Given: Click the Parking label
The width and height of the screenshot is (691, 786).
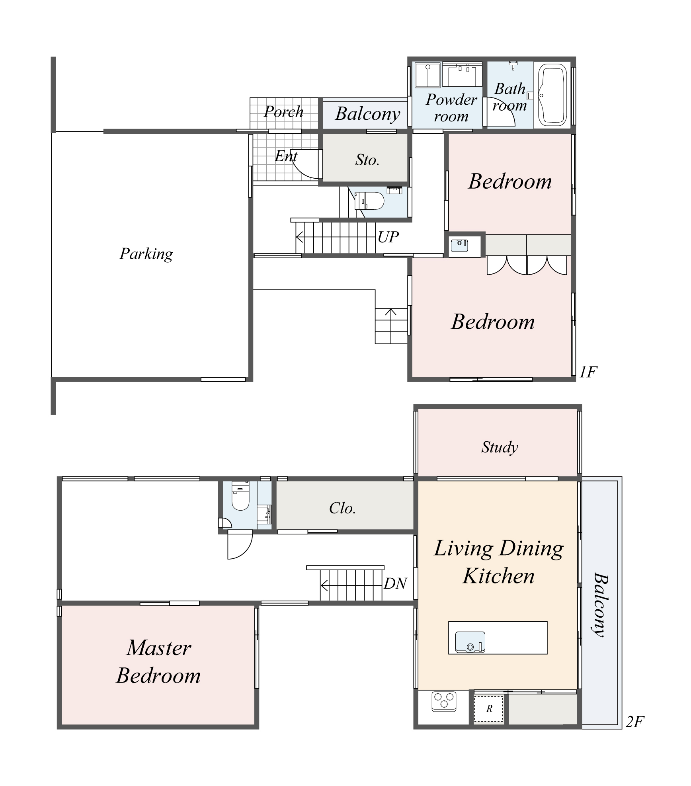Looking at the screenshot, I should point(146,254).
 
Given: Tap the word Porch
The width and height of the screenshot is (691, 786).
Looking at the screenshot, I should point(283,112).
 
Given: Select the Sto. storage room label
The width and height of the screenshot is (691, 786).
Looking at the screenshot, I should point(367,160).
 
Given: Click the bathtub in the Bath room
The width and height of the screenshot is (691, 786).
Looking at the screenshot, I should point(552,95).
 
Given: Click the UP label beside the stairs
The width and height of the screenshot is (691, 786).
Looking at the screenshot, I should point(388,237).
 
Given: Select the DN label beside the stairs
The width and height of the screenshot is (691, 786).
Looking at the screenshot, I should point(395,584).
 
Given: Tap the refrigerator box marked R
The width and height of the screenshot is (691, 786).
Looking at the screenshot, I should point(489,709).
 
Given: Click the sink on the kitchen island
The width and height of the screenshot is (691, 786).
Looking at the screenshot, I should point(470,642).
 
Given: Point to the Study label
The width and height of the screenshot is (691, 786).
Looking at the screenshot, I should point(500,447).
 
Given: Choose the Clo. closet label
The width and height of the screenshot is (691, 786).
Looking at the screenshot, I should point(342,508).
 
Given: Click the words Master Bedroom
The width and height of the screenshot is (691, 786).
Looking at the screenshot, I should point(158,662).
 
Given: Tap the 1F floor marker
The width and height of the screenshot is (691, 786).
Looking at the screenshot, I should point(588,372).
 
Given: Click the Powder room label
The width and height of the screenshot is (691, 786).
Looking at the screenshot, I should point(451,107).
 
